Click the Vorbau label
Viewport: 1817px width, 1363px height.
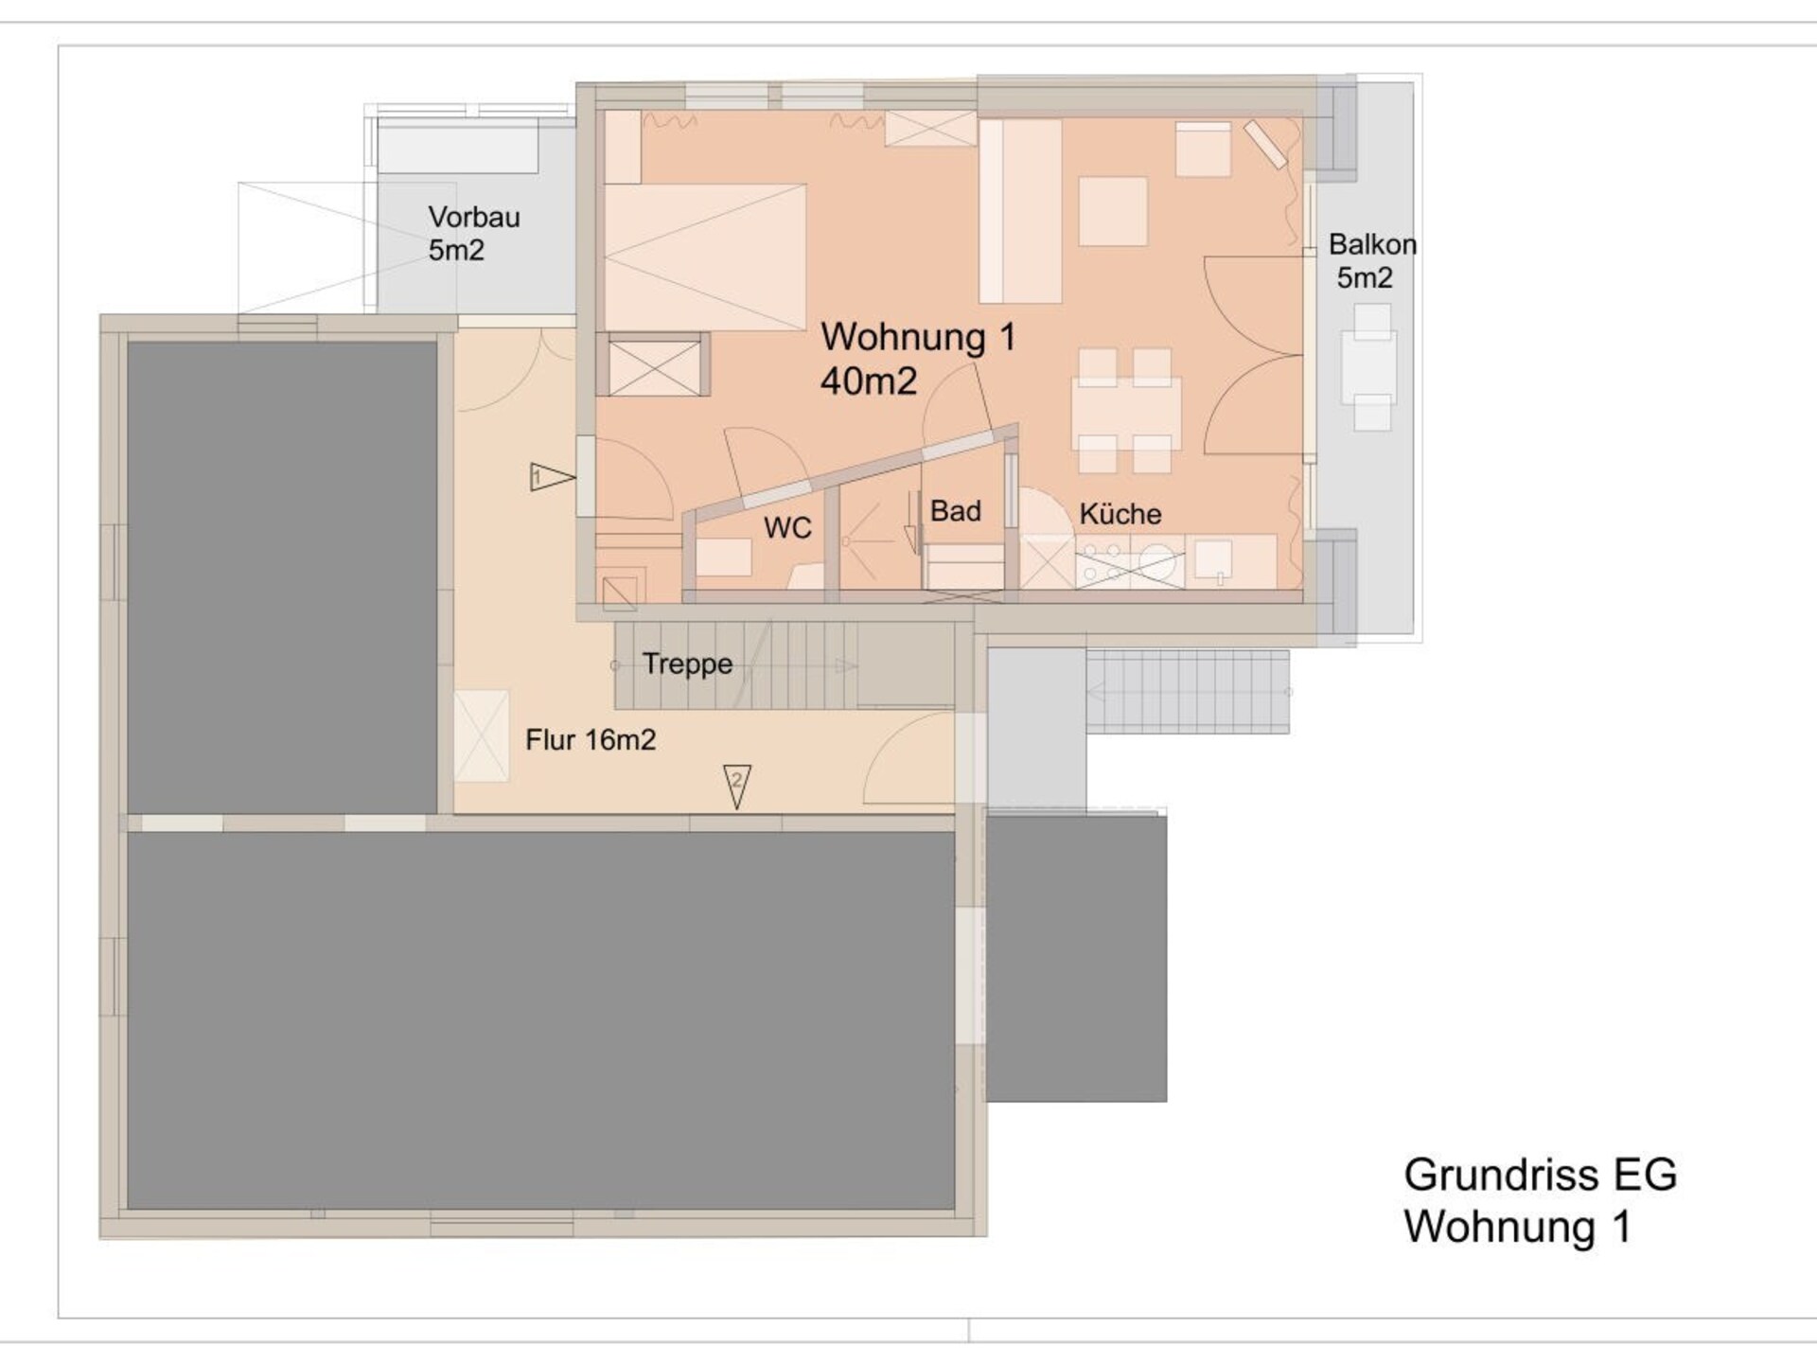pos(474,217)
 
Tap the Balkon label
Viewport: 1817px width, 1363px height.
pos(1372,244)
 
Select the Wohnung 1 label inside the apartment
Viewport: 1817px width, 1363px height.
pos(918,337)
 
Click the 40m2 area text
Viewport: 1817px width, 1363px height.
pos(869,381)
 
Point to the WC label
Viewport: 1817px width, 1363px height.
pos(787,527)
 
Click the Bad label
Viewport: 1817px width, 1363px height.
pos(956,511)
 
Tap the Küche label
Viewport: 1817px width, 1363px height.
pos(1120,514)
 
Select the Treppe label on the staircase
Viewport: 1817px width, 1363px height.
pos(688,664)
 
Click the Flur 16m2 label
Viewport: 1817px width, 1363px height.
pos(591,739)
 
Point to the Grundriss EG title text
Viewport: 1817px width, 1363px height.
pos(1541,1175)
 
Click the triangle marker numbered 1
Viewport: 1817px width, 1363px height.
pos(552,476)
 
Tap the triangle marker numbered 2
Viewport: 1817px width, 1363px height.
pos(737,786)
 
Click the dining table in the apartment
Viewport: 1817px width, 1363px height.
pos(1126,413)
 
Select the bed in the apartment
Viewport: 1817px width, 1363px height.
pos(705,257)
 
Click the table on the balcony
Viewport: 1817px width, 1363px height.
pos(1369,367)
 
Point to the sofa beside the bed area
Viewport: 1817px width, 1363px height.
pos(1020,210)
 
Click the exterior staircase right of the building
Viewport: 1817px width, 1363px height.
pos(1188,692)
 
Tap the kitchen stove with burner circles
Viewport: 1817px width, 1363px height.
pos(1130,562)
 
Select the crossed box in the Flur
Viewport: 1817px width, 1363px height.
pos(482,736)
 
